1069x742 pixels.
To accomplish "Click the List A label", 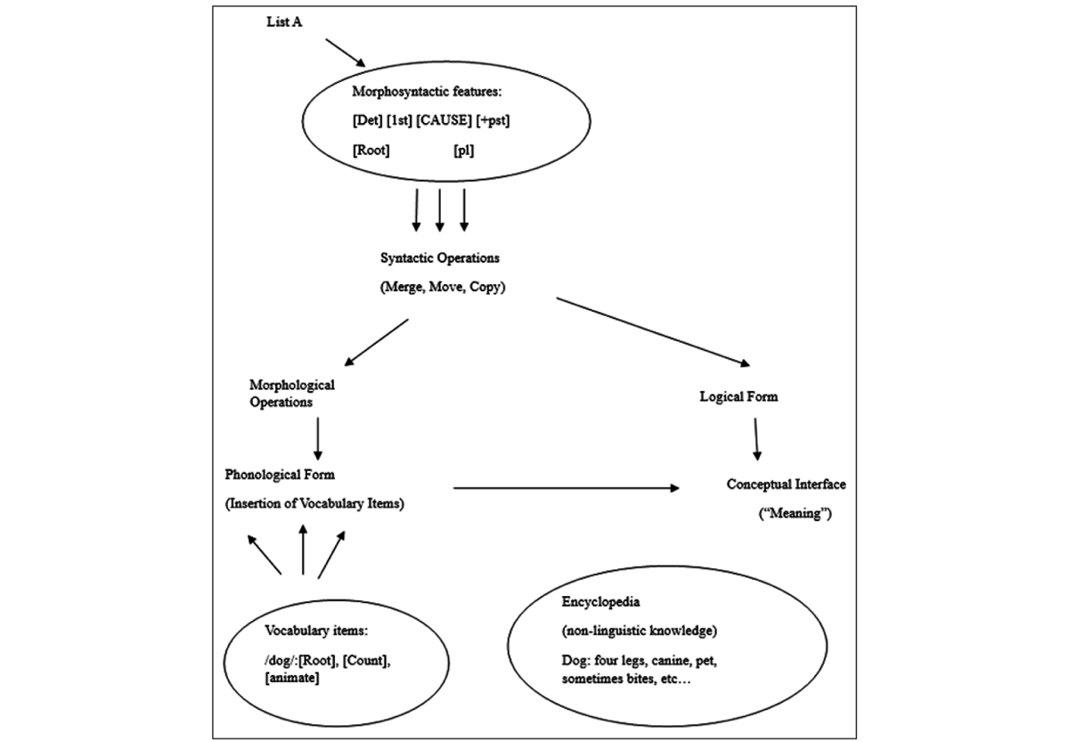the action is (x=284, y=22).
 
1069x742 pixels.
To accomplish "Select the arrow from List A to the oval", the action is (x=346, y=53).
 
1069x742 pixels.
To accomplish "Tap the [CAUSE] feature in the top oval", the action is (x=444, y=120).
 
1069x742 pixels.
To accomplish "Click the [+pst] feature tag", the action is (x=493, y=120).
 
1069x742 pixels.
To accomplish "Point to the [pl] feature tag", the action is (x=463, y=151).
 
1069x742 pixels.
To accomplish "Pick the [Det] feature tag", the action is (x=367, y=120).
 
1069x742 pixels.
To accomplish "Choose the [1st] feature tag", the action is (x=399, y=120).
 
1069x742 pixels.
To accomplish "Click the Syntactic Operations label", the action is (x=439, y=258).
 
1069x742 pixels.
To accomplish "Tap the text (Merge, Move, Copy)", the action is (x=443, y=287).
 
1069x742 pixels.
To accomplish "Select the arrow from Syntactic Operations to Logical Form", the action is (x=653, y=332).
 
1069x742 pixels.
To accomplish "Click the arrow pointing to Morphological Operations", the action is (x=376, y=343).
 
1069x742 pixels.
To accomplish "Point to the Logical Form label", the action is (x=739, y=396).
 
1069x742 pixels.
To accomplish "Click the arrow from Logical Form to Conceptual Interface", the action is (x=756, y=439).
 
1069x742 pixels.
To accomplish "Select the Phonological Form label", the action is (x=280, y=475).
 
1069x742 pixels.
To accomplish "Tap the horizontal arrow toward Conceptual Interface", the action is (x=567, y=488).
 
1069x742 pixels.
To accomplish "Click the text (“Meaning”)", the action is (x=795, y=513).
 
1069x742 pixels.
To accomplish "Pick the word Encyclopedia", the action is (x=600, y=602).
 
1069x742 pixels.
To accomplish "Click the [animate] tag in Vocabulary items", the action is (x=291, y=678).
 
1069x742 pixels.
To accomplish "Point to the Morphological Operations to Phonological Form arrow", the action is (x=318, y=439).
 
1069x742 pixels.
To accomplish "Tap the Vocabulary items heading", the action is (x=316, y=631).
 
